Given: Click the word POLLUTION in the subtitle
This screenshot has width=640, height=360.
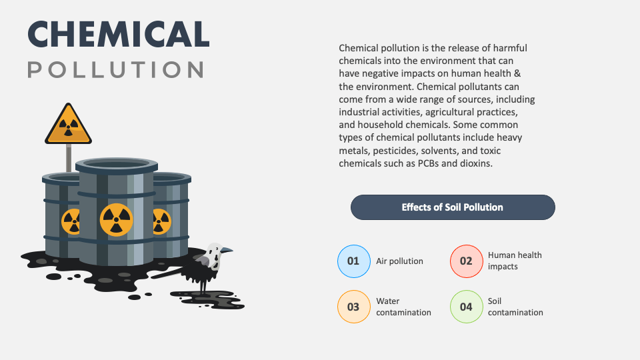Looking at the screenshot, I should click(x=116, y=69).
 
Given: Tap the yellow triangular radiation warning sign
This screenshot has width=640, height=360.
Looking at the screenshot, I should click(x=68, y=126).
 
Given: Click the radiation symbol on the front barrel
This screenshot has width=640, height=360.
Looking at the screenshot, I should click(x=116, y=219).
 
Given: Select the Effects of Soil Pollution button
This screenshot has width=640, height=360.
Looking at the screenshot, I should click(x=453, y=207).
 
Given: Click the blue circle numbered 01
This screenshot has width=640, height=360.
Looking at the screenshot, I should click(x=353, y=261).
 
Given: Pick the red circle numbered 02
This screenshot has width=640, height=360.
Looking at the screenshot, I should click(x=466, y=261).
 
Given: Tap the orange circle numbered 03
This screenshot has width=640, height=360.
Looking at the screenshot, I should click(x=353, y=307).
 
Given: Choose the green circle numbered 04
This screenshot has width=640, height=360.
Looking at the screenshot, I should click(x=466, y=307).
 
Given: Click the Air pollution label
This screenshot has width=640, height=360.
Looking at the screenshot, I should click(x=399, y=261).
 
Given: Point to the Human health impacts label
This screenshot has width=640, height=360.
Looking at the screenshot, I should click(x=515, y=261).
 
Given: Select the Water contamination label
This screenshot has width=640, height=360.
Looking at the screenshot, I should click(x=403, y=307).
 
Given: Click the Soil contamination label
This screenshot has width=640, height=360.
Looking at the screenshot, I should click(x=515, y=307).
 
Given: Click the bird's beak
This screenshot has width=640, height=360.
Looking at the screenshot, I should click(x=228, y=250).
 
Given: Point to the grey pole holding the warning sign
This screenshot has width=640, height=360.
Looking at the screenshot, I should click(x=68, y=158).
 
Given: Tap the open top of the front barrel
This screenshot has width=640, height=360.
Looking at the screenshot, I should click(x=117, y=164).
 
